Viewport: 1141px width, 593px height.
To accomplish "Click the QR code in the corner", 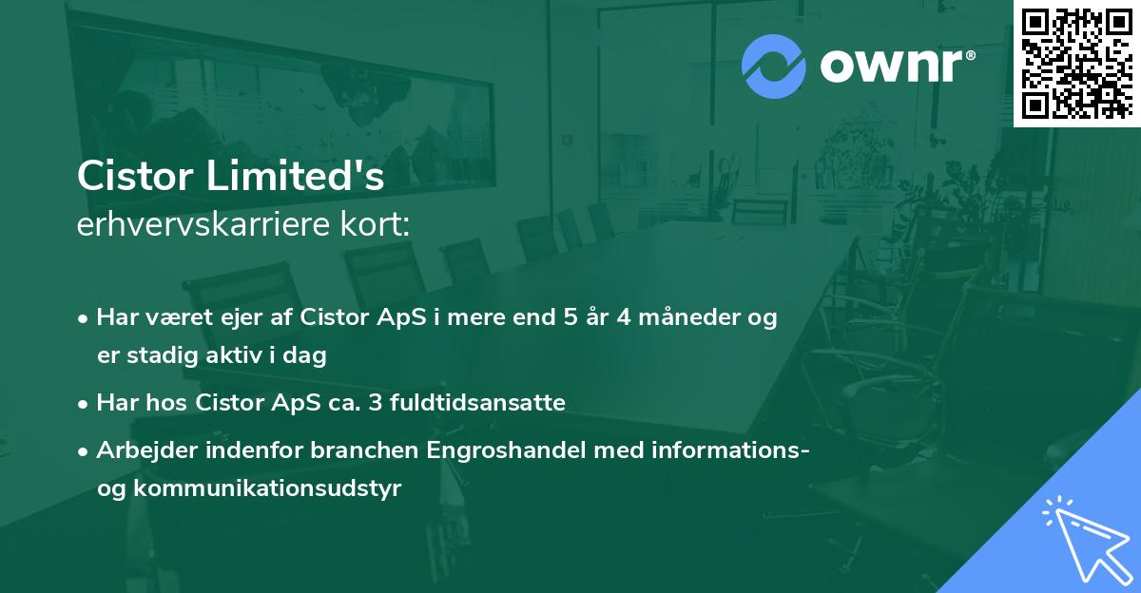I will pos(1075,63).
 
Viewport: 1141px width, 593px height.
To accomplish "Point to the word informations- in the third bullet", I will pos(728,450).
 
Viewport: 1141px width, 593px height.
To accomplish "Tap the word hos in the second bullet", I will pos(172,403).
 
